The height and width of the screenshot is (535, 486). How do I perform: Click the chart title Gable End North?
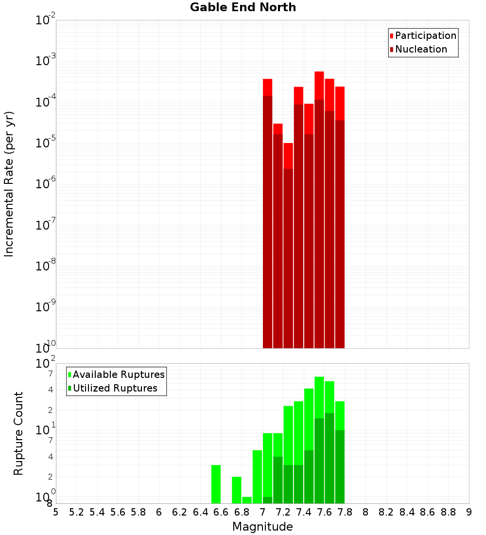(243, 7)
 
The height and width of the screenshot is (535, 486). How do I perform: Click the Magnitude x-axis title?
(262, 527)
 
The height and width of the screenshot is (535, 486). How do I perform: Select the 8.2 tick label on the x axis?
(386, 512)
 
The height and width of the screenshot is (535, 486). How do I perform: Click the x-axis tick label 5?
(56, 512)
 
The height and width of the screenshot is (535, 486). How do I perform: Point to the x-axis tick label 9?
(469, 512)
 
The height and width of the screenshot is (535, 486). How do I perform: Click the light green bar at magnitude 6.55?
(216, 484)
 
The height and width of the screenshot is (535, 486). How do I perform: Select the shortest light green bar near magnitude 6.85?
(247, 500)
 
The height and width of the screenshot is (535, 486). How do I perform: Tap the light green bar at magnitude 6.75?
(237, 490)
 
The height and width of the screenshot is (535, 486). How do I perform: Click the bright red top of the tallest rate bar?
(319, 85)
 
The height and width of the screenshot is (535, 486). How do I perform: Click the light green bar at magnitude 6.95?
(257, 477)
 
